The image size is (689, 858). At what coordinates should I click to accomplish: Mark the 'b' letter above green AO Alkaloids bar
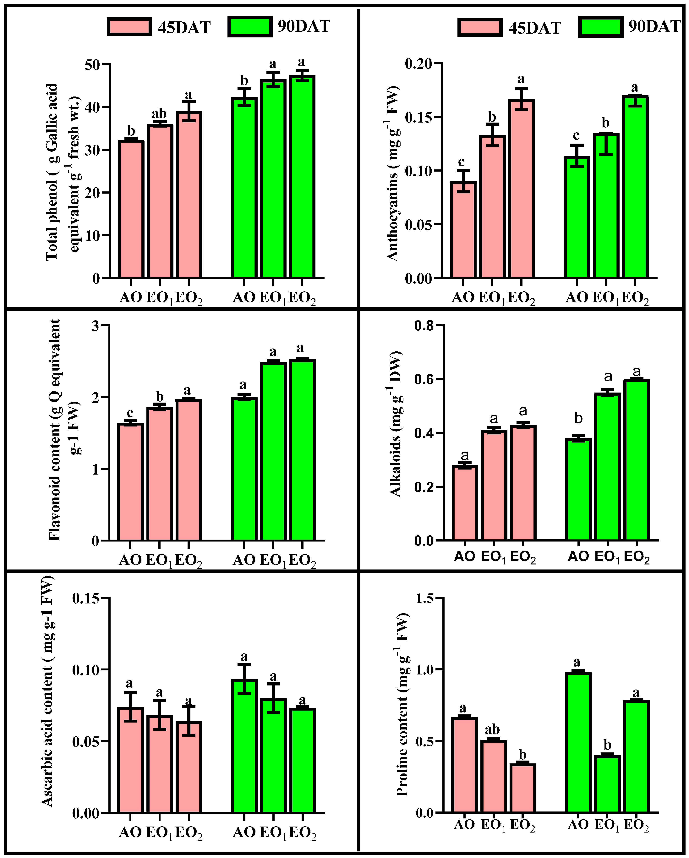(x=578, y=419)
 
